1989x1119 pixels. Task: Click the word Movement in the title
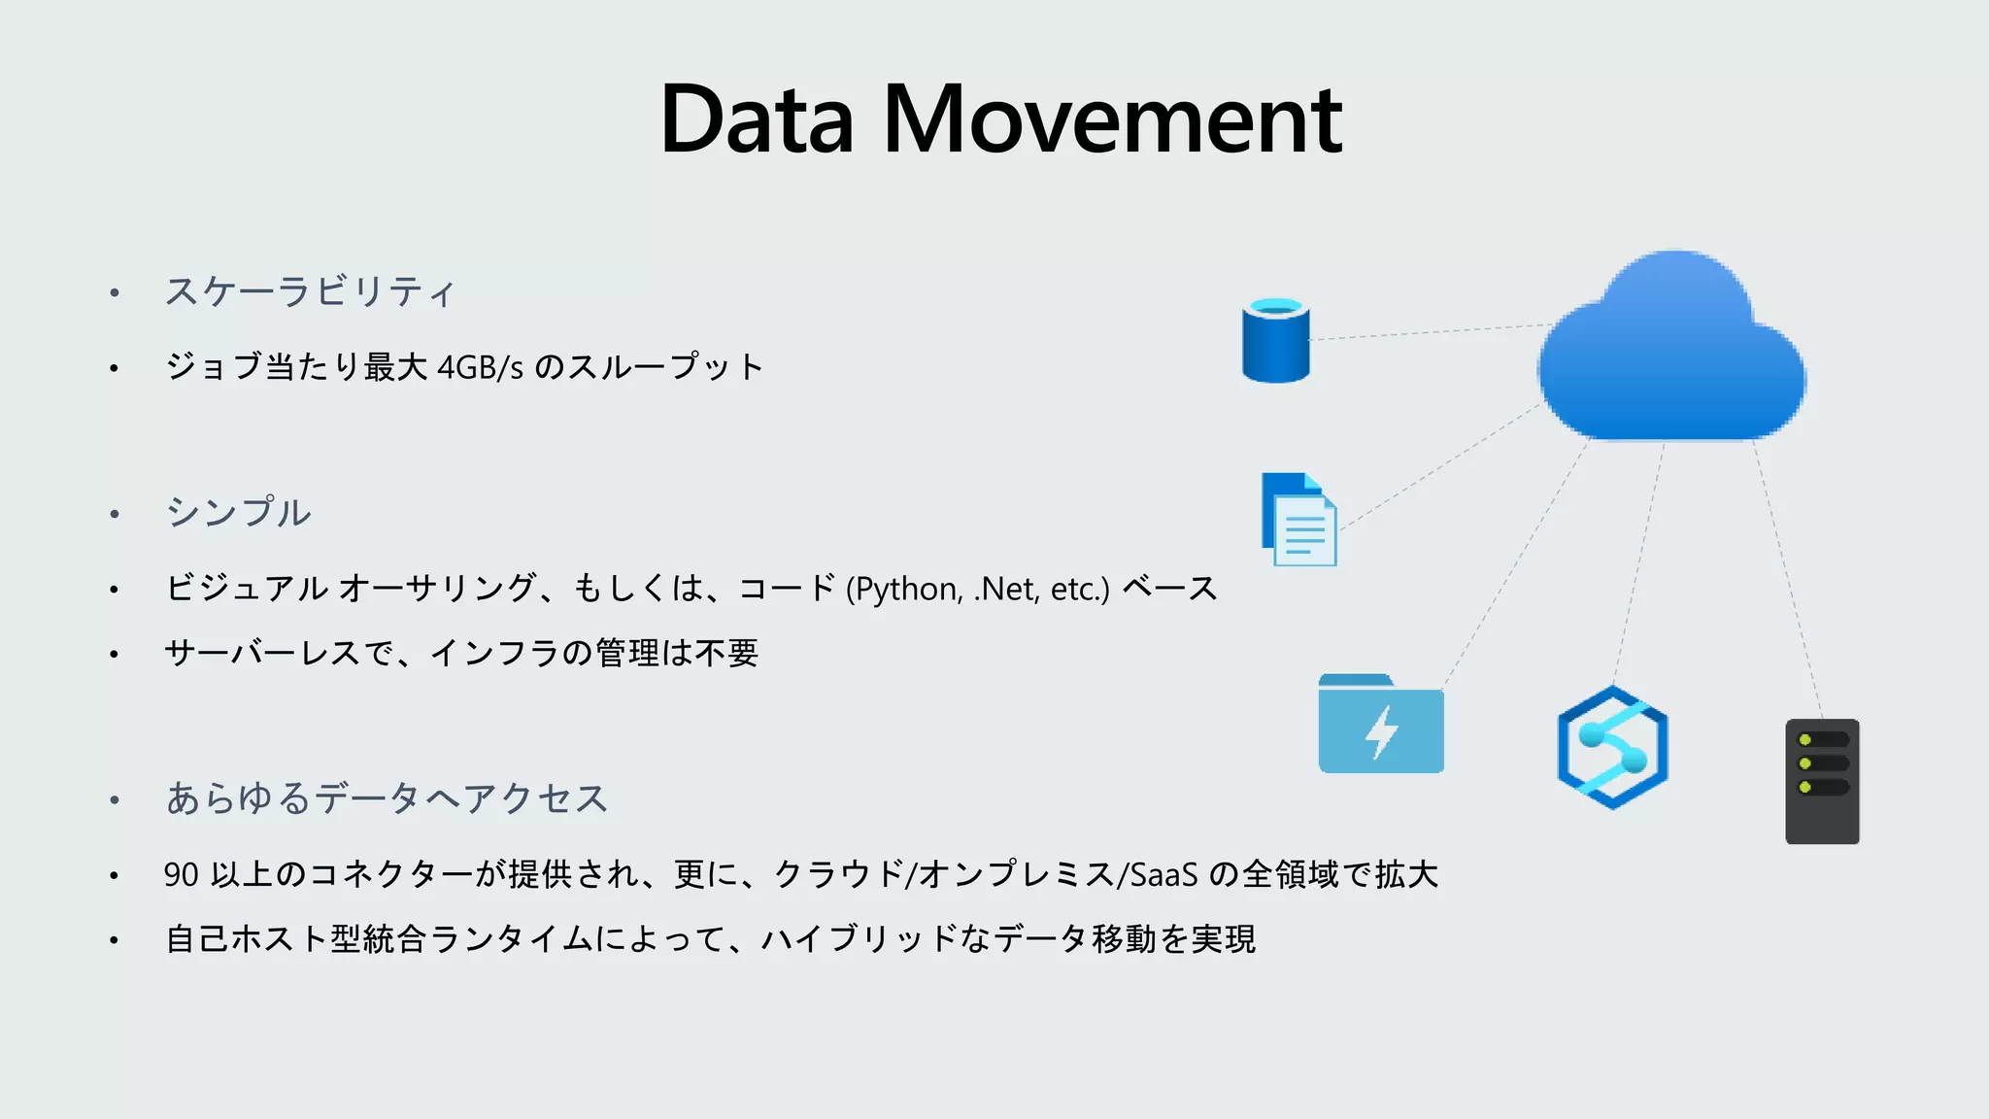[1112, 120]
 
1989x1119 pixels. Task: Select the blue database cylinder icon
[1275, 341]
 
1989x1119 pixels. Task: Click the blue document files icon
[1298, 520]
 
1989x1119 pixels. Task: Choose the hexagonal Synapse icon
[1612, 747]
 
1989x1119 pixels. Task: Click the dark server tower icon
[1822, 782]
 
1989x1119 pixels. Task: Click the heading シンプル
[239, 513]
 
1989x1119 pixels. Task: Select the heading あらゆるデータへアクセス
[387, 798]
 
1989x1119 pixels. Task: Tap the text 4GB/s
[480, 368]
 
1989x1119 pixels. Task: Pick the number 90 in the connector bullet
[182, 875]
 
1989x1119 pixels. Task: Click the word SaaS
[1163, 875]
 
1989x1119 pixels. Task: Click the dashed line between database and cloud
[1428, 332]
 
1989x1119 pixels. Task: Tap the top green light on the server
[1804, 740]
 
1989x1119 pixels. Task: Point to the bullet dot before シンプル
[115, 514]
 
